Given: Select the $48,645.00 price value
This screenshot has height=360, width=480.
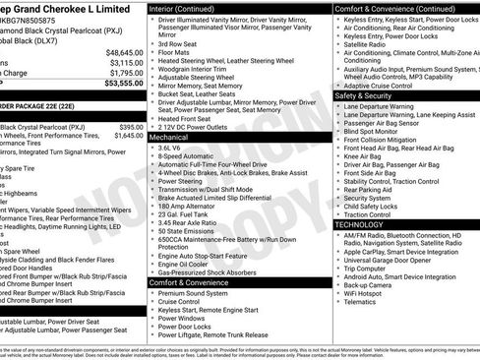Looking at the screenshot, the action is pos(125,52).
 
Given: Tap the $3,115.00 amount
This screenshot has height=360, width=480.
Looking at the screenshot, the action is pos(126,62).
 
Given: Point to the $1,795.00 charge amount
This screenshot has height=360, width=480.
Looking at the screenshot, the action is pos(126,73).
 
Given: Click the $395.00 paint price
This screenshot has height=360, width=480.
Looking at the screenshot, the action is pos(131,128).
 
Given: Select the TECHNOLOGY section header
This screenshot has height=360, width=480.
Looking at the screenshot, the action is pos(360,225).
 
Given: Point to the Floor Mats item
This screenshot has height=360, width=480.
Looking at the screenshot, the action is pos(177,54).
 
